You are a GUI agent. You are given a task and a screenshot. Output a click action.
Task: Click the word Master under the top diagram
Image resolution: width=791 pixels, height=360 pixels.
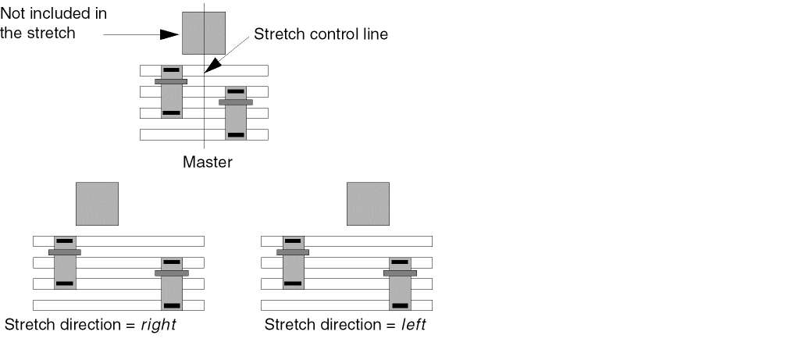point(207,162)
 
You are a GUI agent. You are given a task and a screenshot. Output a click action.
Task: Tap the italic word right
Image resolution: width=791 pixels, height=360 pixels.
point(158,325)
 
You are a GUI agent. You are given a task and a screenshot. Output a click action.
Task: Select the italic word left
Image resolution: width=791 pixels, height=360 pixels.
point(413,325)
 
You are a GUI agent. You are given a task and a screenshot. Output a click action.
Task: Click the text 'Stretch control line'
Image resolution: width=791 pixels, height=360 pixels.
point(320,35)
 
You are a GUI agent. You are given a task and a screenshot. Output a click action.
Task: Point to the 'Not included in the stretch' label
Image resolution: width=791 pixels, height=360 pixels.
point(53,24)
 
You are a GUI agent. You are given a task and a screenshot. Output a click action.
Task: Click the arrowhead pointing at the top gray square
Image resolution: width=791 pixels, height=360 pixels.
point(169,34)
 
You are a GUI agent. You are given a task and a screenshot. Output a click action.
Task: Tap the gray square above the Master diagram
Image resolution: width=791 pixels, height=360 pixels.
point(204,33)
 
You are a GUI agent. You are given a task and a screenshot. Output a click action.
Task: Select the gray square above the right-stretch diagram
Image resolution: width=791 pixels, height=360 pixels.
point(97,203)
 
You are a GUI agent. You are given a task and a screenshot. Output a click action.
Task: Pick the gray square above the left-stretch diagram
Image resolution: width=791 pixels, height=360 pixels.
point(368,203)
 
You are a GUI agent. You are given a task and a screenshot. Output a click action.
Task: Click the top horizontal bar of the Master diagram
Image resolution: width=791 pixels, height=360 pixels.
point(234,70)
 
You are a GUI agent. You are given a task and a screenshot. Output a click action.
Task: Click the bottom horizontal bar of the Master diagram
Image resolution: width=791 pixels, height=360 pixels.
point(187,134)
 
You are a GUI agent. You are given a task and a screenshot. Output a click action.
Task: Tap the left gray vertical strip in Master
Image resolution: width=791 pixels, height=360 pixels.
point(172,98)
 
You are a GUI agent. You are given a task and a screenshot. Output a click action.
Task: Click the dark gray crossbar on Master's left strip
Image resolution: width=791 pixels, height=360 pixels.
point(171,81)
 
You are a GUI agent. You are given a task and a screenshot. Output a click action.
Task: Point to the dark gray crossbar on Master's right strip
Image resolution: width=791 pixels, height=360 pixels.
point(236,102)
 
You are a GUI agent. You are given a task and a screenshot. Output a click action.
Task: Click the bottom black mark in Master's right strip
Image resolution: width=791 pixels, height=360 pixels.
point(236,135)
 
